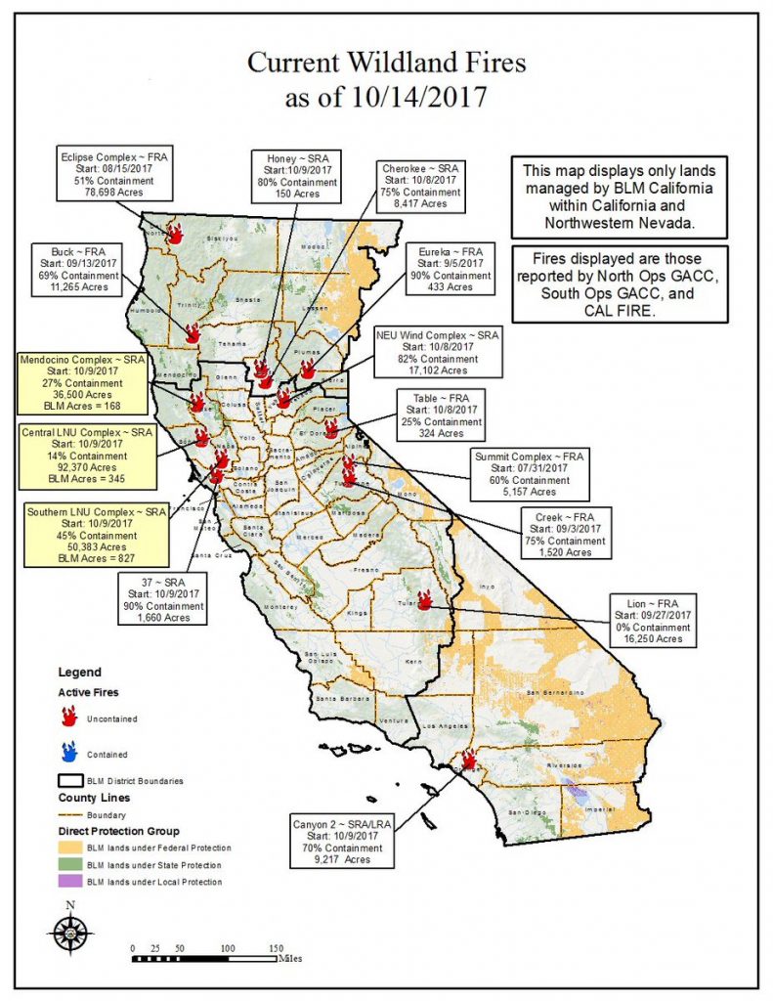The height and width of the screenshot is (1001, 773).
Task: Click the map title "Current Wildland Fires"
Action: click(x=386, y=64)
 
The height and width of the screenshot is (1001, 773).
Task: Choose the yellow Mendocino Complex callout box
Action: click(x=81, y=383)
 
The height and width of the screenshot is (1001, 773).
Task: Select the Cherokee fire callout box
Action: click(x=421, y=186)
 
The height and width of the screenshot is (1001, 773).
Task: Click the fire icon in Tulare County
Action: click(x=425, y=600)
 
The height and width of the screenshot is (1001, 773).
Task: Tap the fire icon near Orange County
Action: click(x=468, y=759)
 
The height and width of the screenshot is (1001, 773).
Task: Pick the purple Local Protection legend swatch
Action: click(x=68, y=882)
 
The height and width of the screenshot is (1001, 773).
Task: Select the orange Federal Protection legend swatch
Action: click(x=68, y=848)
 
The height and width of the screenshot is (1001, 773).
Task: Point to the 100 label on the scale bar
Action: click(x=228, y=948)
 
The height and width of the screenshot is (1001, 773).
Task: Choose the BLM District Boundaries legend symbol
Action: click(x=68, y=780)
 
